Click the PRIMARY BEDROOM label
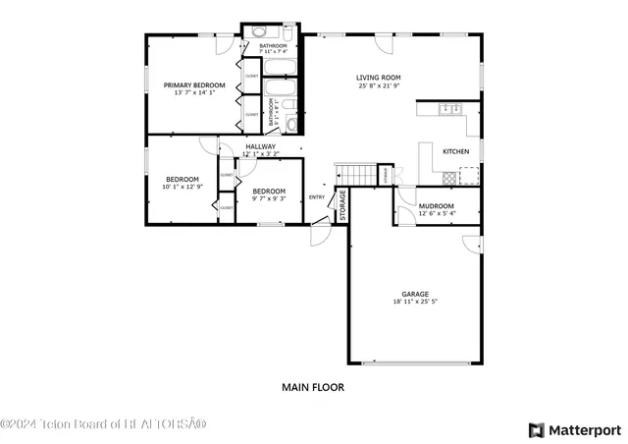(193, 85)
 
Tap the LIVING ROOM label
(378, 78)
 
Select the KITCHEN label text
(455, 151)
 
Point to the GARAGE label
(414, 294)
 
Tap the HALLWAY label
(260, 146)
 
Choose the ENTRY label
(317, 197)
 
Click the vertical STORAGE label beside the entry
(342, 202)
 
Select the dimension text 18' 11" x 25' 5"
(414, 303)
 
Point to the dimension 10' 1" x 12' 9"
(182, 187)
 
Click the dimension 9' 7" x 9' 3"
(268, 198)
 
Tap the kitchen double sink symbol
(452, 109)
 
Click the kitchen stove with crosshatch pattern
(449, 178)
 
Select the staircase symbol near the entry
(358, 175)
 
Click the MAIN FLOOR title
(313, 387)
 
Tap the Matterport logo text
(583, 429)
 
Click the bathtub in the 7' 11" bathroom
(280, 68)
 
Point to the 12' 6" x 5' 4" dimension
(438, 213)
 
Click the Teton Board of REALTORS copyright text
(103, 424)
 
